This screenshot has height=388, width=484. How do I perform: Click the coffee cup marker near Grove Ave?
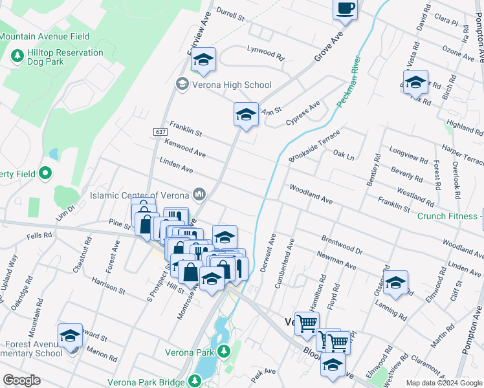tap(345, 10)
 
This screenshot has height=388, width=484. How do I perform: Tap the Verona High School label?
tap(232, 85)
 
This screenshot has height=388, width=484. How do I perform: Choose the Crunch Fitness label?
tap(448, 216)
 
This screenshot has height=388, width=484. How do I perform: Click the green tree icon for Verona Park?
tap(224, 352)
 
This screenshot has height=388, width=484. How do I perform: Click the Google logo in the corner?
tap(21, 380)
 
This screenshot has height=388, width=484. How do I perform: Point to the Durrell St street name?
tap(230, 14)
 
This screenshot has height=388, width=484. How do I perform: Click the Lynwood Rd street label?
tap(266, 54)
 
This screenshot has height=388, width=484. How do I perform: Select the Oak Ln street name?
tap(344, 156)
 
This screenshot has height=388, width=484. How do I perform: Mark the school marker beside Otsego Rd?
tap(395, 282)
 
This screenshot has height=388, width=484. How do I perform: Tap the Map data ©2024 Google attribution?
tap(443, 383)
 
